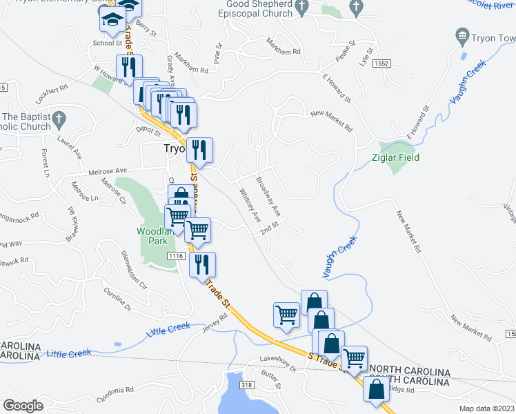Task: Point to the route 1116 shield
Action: (175, 256)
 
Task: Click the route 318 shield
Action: (248, 384)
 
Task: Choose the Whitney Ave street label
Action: (248, 205)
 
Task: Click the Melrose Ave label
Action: (108, 170)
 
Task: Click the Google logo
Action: (23, 405)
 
